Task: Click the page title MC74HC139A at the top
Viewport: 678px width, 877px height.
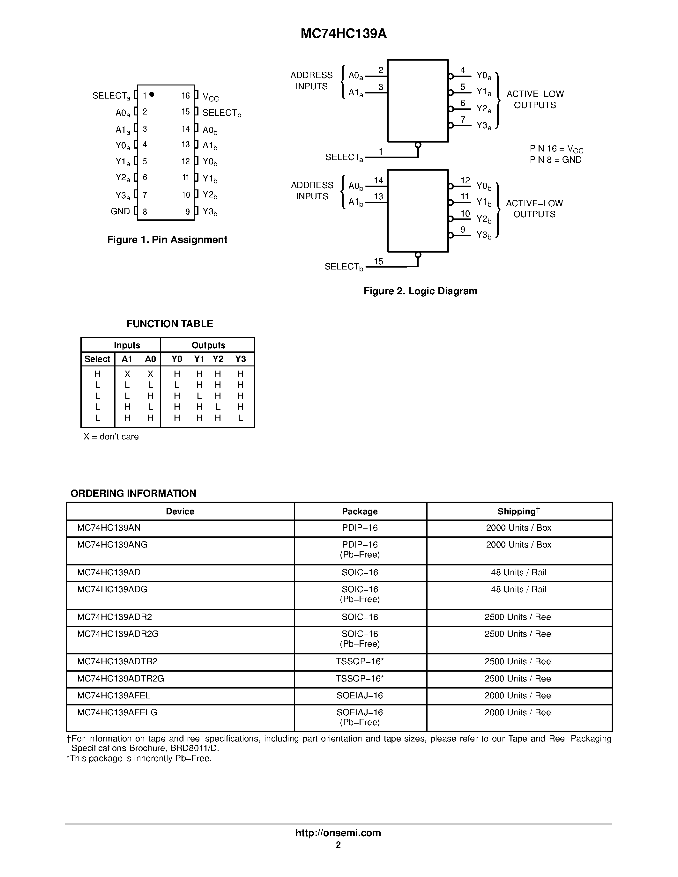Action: [343, 34]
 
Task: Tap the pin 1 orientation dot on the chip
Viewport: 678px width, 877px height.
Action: [152, 94]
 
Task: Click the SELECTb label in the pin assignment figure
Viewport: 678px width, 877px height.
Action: [222, 113]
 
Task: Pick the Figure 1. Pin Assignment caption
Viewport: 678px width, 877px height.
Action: [167, 240]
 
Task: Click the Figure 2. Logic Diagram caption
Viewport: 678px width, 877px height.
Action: [420, 291]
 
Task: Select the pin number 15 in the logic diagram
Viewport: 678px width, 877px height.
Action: [378, 262]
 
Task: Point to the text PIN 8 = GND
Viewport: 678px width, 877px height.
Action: [555, 160]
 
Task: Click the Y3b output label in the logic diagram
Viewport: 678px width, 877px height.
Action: [484, 235]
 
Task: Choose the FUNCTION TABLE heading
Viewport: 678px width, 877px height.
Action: [170, 324]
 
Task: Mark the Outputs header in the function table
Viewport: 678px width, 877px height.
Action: [208, 345]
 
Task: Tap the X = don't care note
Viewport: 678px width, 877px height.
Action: [111, 437]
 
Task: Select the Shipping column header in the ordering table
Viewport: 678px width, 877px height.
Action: [518, 511]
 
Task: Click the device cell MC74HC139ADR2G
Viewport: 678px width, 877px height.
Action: [118, 634]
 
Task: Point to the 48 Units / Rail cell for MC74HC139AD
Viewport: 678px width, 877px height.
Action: [518, 573]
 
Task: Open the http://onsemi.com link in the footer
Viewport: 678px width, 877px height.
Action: [338, 833]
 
